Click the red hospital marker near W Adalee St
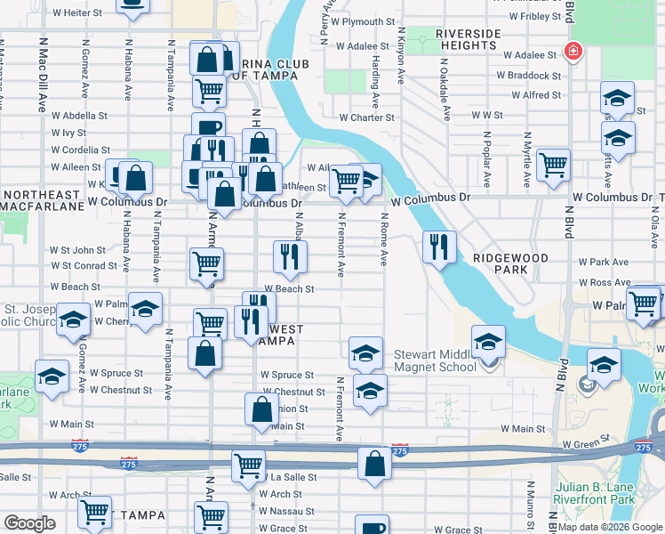point(573,53)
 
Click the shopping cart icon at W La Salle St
point(249,465)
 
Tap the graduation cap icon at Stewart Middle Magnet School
point(488,341)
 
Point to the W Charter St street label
point(366,117)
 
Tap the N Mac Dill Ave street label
point(41,76)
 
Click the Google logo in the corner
point(29,523)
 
